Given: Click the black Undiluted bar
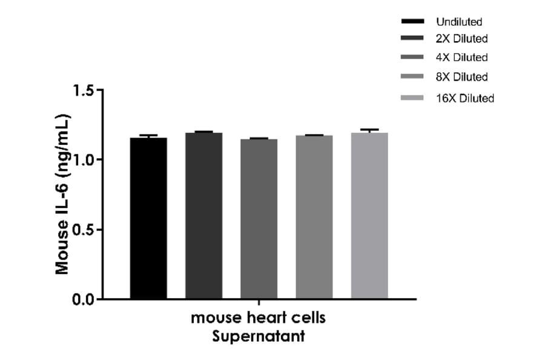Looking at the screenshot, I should point(148,218).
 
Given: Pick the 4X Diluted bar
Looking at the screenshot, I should point(259,219).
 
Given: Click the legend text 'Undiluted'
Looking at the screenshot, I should point(459,22).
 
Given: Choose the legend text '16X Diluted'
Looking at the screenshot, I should point(465,98).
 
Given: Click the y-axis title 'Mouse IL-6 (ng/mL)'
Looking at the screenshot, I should point(62,194).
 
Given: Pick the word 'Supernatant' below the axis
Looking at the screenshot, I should point(259,336).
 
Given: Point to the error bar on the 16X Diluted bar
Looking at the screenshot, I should point(369,130).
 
